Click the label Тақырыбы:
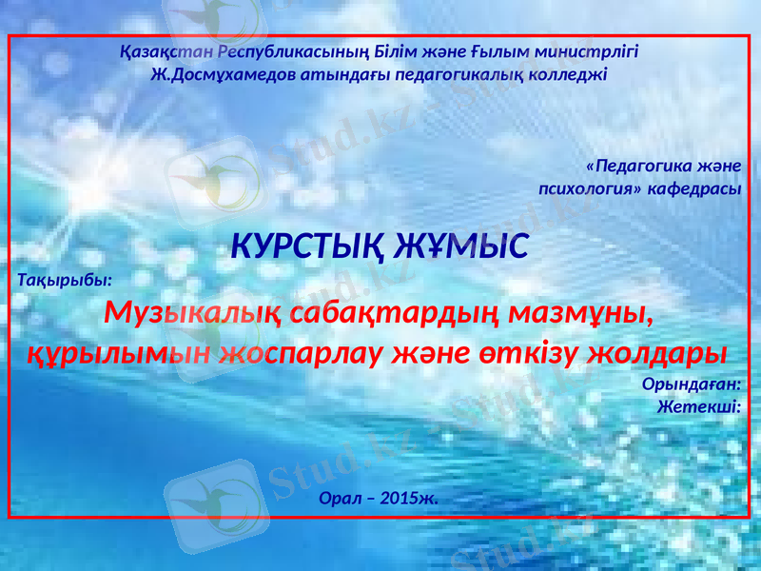coord(65,281)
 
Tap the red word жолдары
coord(657,353)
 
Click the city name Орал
coord(340,498)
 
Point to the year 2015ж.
coord(407,498)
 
